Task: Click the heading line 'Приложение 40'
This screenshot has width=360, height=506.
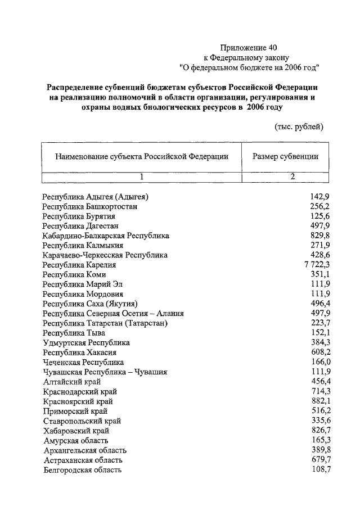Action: [x=249, y=48]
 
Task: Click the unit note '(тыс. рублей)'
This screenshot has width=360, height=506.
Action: [x=299, y=126]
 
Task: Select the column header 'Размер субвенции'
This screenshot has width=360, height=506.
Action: [x=285, y=156]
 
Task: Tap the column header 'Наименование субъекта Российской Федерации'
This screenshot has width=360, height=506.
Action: [x=142, y=156]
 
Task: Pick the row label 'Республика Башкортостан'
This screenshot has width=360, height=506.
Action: [x=90, y=206]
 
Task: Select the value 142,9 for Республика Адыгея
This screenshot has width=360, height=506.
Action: [x=319, y=196]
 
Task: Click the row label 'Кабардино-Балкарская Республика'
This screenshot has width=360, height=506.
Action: [x=106, y=236]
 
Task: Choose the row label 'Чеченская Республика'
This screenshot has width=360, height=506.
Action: [x=83, y=362]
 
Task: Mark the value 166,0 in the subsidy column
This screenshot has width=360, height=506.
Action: [x=319, y=362]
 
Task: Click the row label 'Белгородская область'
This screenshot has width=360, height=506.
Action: [x=82, y=469]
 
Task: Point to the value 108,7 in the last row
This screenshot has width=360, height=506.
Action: [x=319, y=469]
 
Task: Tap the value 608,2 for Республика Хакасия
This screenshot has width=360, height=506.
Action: [x=319, y=353]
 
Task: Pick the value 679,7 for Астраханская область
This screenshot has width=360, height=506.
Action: [x=319, y=460]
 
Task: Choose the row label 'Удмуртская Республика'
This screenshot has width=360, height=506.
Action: [x=86, y=342]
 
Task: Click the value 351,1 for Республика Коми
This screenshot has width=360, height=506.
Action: [x=319, y=274]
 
